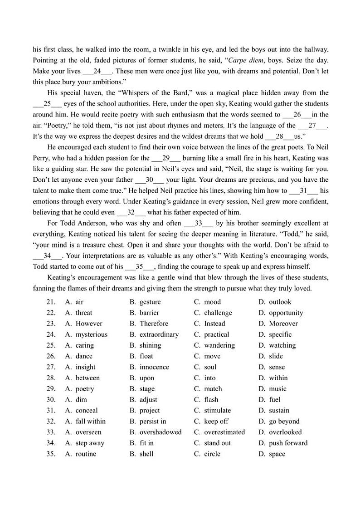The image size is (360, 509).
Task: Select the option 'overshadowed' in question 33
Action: pos(160,432)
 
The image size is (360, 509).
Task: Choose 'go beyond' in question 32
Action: pos(284,422)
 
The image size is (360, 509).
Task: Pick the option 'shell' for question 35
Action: pos(146,454)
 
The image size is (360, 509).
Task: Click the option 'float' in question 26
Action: pos(146,356)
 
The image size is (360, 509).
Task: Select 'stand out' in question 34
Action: pos(217,443)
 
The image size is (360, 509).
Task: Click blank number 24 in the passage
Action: pos(97,71)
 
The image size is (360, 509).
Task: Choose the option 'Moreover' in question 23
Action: pos(283,324)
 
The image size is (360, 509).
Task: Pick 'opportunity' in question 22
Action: pos(286,313)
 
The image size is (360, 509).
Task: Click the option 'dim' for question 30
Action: pos(81,400)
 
